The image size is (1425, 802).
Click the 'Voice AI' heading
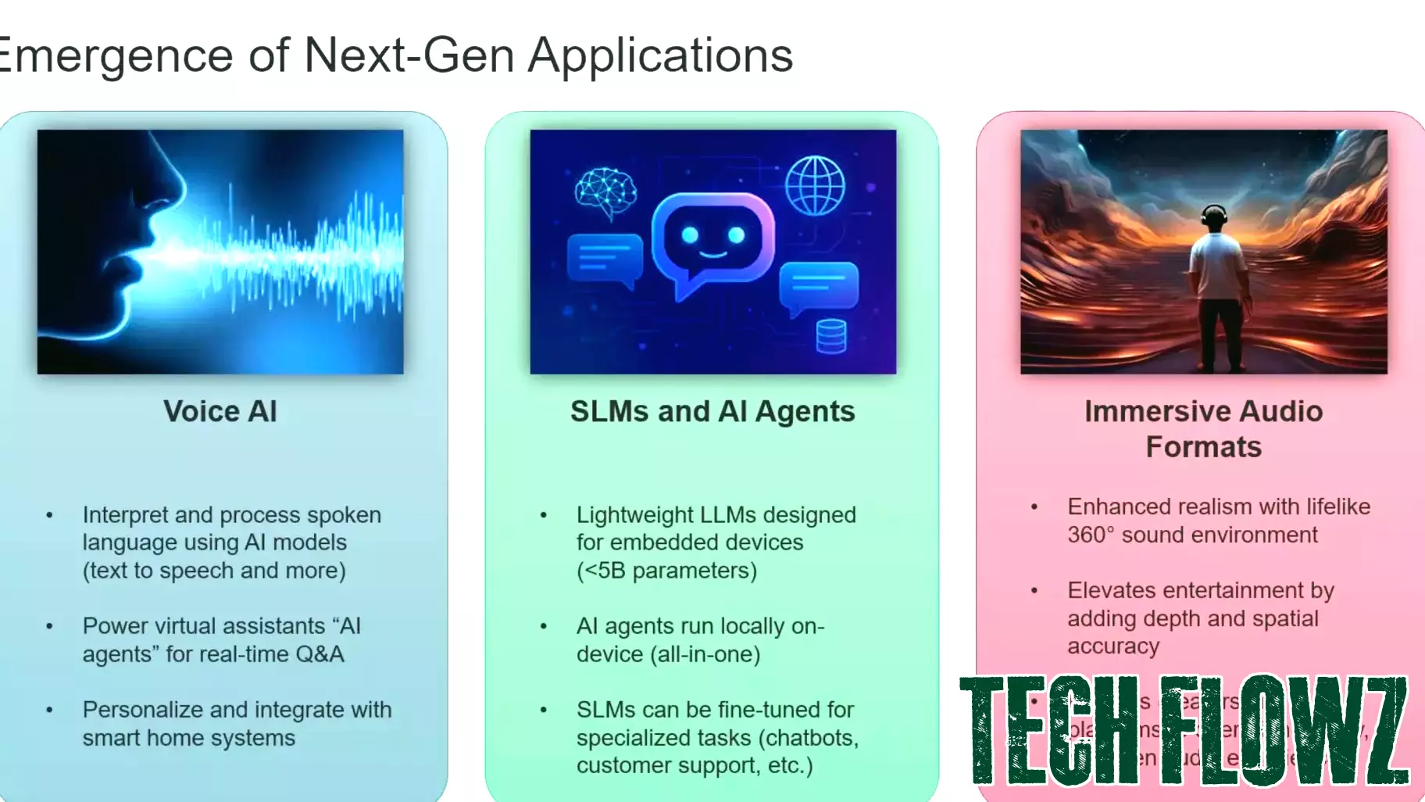click(x=220, y=411)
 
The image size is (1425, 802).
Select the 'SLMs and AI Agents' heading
click(x=712, y=411)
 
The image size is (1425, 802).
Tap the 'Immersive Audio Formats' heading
click(x=1203, y=428)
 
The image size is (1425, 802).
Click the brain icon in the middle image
click(x=605, y=191)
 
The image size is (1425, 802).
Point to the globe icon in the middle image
click(x=815, y=185)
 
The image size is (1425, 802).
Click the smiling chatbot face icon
click(x=712, y=239)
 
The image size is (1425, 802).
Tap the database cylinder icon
click(x=830, y=336)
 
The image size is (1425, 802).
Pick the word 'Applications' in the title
click(x=660, y=55)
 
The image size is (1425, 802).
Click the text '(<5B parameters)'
click(x=666, y=571)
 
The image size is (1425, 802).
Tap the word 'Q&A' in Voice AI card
click(x=320, y=654)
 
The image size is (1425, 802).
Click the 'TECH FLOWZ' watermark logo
click(x=1183, y=730)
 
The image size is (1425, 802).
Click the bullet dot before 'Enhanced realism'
click(x=1034, y=507)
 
